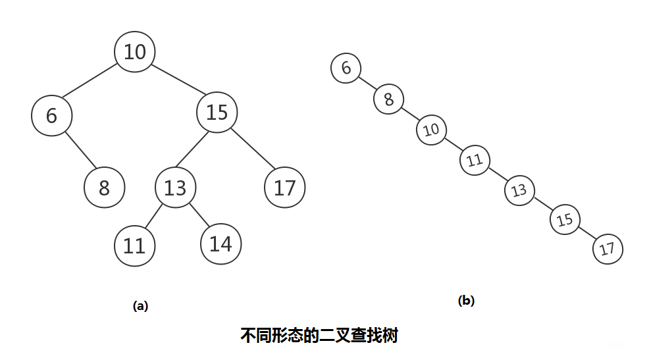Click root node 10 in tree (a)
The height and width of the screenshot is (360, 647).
click(x=134, y=51)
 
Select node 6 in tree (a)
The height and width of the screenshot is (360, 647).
click(x=51, y=115)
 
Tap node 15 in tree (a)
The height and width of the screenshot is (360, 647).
click(x=217, y=112)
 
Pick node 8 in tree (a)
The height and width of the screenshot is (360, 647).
click(x=105, y=187)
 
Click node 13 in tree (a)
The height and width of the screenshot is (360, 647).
click(x=175, y=187)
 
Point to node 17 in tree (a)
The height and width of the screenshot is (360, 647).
click(x=285, y=187)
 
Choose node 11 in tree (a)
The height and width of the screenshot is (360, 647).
click(x=134, y=245)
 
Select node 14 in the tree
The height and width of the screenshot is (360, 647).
click(x=220, y=244)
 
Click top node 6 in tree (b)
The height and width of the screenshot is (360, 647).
click(x=346, y=68)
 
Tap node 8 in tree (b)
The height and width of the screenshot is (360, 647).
click(x=389, y=99)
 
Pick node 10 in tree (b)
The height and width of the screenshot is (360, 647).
click(x=432, y=130)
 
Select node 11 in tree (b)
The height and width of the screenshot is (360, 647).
click(x=475, y=160)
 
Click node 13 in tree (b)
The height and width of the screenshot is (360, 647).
click(x=519, y=190)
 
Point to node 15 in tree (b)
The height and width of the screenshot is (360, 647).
click(x=565, y=219)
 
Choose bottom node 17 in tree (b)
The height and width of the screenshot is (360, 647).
click(x=608, y=249)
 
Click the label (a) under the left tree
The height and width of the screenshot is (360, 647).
click(x=140, y=306)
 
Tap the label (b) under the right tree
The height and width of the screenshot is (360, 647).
click(x=466, y=301)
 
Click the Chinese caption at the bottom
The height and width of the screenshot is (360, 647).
click(x=319, y=335)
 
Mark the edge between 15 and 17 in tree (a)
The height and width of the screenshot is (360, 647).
click(x=253, y=149)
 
